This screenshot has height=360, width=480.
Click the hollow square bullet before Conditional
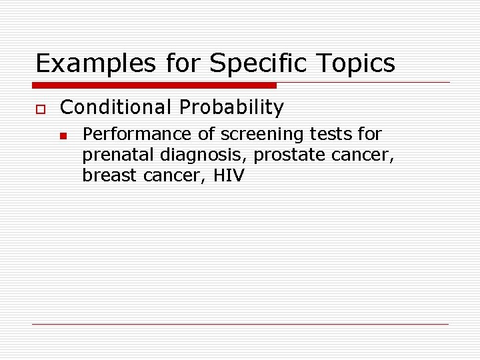[39, 108]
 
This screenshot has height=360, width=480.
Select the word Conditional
[115, 107]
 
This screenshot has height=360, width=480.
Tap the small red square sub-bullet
[62, 135]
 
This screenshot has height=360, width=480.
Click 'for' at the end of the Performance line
[369, 135]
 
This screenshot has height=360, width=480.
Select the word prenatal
[117, 155]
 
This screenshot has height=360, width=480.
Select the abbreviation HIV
[228, 176]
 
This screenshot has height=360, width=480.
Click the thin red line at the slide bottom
[240, 324]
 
